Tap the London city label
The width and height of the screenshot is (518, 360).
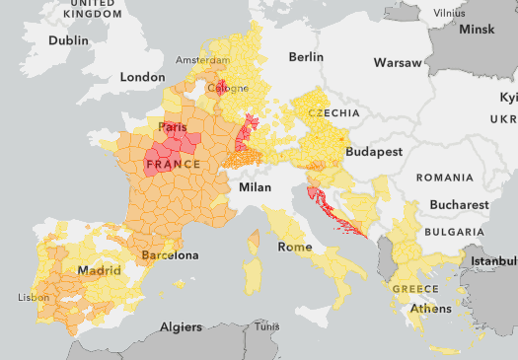[142, 77]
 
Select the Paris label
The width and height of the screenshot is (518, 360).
[175, 127]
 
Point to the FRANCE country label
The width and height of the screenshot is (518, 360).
[174, 163]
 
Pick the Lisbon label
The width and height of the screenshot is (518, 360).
[33, 297]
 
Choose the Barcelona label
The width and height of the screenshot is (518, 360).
[170, 255]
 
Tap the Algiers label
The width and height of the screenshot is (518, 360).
[181, 326]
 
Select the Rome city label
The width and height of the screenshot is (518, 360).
[295, 246]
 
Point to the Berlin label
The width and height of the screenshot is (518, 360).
[306, 57]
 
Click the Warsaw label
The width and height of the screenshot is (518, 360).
[398, 63]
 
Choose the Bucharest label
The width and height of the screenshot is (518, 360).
[460, 204]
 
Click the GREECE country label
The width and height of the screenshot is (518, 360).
[415, 289]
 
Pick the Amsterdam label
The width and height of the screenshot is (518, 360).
[204, 60]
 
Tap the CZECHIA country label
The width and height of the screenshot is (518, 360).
[333, 113]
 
